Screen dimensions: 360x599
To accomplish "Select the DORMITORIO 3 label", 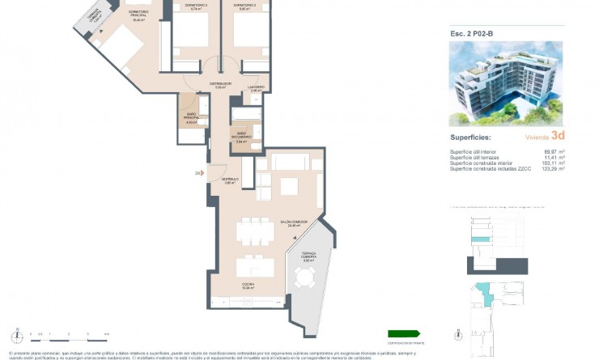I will (244, 6).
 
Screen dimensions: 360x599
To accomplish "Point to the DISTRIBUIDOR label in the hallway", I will (221, 85).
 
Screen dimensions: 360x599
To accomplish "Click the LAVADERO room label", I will (256, 88).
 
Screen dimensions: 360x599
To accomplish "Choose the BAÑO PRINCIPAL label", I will (192, 119).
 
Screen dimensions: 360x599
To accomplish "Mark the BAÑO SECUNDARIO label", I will (240, 135).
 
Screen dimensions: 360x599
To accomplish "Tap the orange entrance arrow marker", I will (198, 172).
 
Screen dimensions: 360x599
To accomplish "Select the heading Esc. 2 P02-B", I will (473, 34).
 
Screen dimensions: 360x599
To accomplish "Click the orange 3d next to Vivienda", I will (557, 136).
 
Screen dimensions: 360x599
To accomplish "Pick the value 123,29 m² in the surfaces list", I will (554, 168).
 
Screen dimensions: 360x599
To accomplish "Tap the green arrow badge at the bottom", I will (404, 332).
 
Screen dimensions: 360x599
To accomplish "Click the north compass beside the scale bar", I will (15, 334).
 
